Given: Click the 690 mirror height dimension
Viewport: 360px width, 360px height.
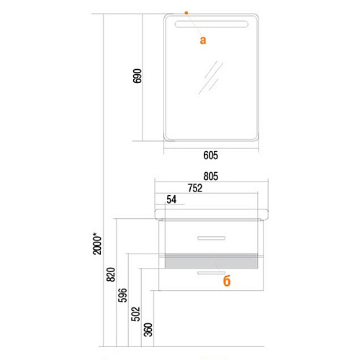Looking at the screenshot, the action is (x=138, y=76).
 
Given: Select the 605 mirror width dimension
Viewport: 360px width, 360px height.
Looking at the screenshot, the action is (x=211, y=156).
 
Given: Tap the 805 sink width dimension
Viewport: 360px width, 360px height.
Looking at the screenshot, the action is (x=211, y=176).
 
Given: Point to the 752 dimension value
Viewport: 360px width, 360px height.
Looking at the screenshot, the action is (x=195, y=188).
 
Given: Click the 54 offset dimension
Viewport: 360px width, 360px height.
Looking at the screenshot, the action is (x=171, y=199).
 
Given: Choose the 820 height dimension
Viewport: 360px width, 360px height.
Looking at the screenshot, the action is (x=111, y=274).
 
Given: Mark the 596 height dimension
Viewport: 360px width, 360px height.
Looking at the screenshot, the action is (x=122, y=295).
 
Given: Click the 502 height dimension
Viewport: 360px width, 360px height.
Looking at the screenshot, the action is (x=135, y=314).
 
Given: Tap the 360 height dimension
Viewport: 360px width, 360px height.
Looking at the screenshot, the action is (x=148, y=330).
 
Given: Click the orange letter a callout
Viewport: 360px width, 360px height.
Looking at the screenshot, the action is (x=203, y=40).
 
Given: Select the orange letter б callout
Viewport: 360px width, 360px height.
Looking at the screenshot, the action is (x=227, y=281).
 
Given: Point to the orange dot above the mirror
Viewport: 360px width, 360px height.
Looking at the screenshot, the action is (x=186, y=13).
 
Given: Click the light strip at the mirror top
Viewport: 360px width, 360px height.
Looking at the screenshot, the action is (x=211, y=24).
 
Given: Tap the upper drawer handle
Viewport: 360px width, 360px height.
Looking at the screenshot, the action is (x=211, y=238).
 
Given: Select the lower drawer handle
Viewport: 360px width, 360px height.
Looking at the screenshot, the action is (x=211, y=273).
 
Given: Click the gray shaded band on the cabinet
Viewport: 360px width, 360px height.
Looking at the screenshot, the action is (x=211, y=261).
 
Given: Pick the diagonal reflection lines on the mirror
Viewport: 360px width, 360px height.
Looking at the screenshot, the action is (x=211, y=77).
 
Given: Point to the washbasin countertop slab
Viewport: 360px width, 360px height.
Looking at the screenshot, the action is (x=211, y=214).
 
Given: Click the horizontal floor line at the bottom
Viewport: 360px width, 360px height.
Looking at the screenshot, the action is (x=181, y=346).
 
